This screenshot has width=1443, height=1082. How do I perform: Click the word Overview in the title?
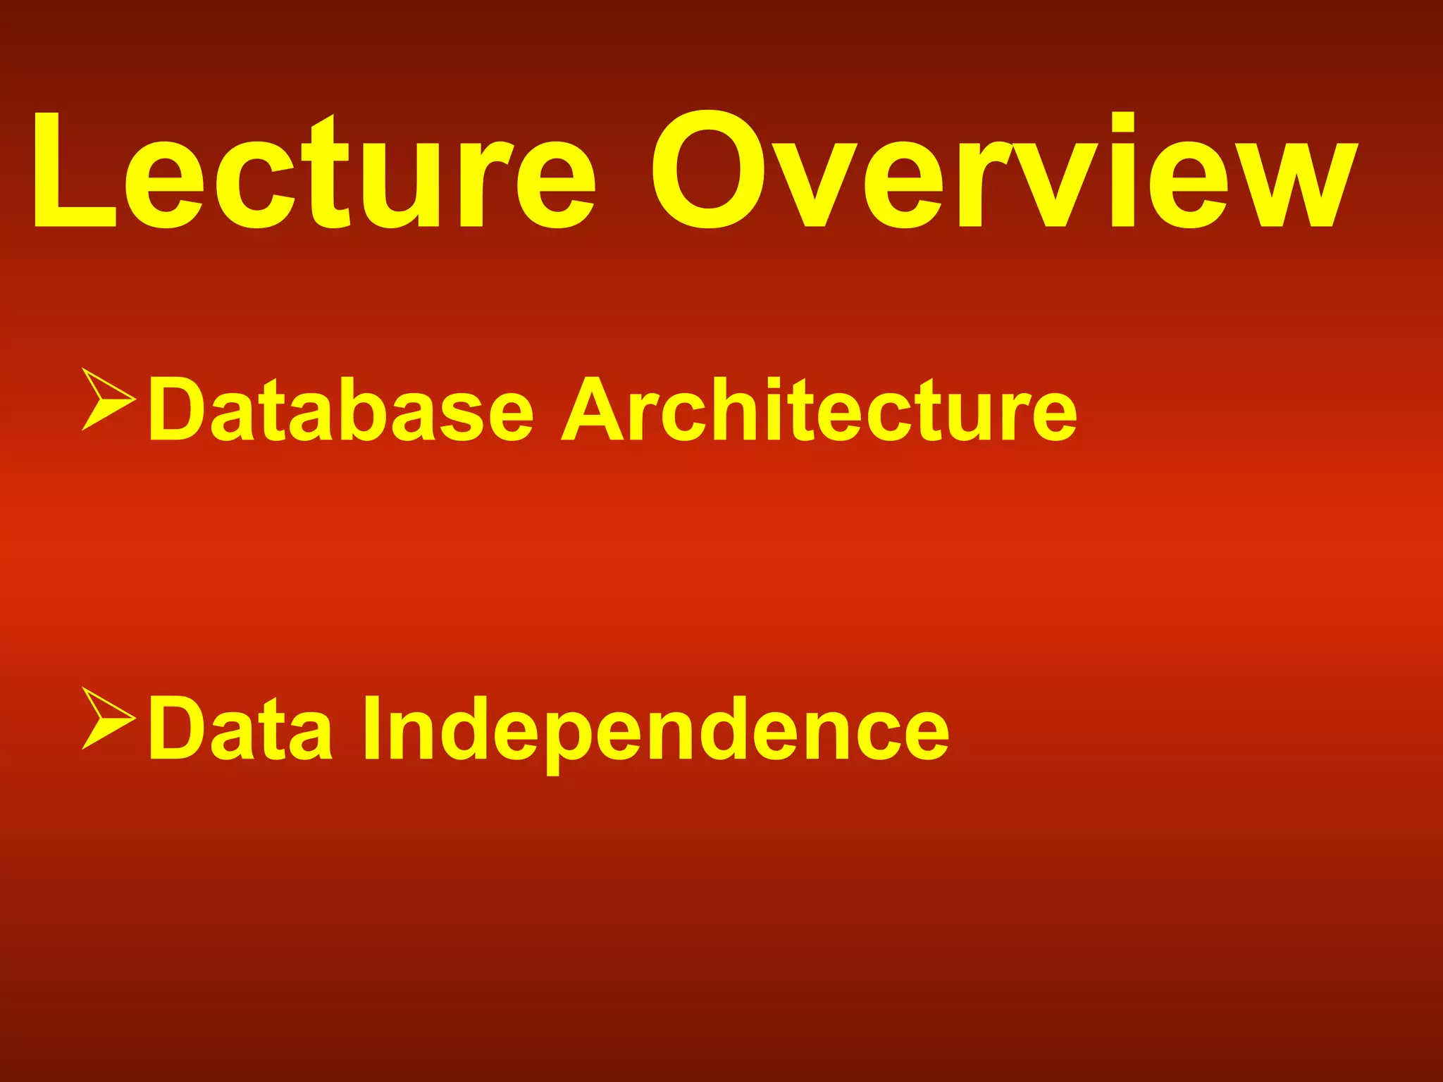(x=1004, y=173)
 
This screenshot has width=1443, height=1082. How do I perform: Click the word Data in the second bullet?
(x=240, y=729)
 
